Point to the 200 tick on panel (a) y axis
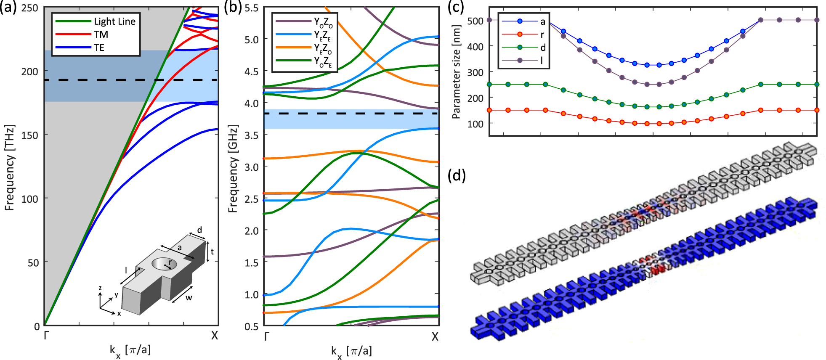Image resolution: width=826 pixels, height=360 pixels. (x=29, y=71)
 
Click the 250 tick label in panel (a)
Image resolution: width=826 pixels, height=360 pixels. (x=29, y=8)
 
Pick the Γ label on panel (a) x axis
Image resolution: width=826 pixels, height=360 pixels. (x=46, y=336)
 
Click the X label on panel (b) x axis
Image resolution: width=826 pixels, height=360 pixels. (x=435, y=336)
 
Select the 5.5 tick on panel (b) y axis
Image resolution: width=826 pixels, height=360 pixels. (x=252, y=8)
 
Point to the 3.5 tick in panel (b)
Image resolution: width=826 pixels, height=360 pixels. (x=252, y=135)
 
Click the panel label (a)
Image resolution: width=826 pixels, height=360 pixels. (x=8, y=8)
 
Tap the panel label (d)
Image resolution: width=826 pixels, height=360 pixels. (x=457, y=175)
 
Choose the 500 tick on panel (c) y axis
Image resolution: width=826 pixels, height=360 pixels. (x=475, y=21)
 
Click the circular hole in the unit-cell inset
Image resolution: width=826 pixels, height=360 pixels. (x=164, y=264)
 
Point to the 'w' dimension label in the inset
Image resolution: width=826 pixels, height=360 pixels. (x=189, y=298)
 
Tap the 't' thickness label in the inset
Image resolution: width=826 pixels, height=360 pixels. (x=212, y=251)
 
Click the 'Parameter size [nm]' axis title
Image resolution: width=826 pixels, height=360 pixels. (x=456, y=72)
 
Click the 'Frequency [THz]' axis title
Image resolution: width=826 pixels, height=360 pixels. (x=10, y=167)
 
